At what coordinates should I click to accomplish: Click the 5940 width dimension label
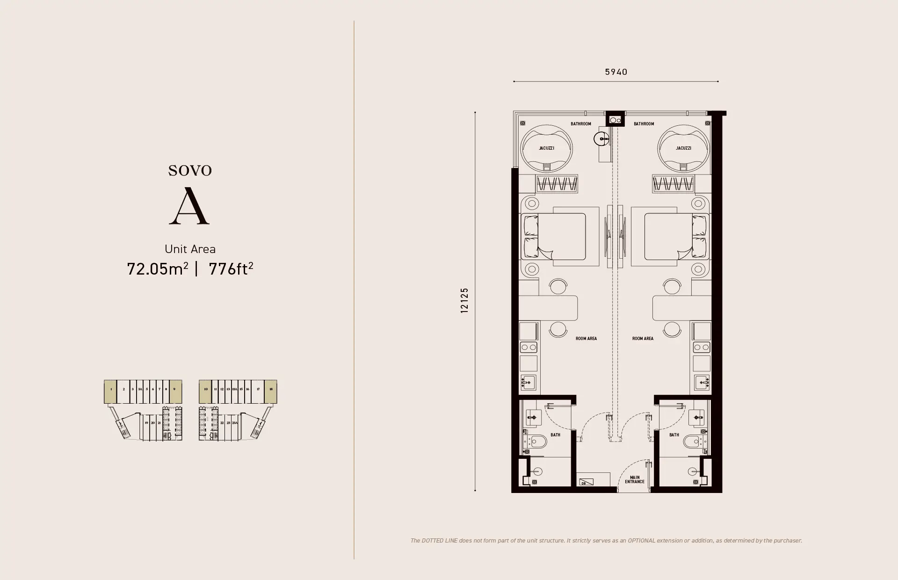tap(616, 72)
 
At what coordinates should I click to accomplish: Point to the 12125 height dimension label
tap(464, 300)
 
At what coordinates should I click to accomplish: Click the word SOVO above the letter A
tap(190, 171)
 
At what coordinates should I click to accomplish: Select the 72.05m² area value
tap(157, 269)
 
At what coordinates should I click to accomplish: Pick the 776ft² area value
tap(231, 269)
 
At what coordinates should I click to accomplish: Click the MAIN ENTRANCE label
tap(635, 479)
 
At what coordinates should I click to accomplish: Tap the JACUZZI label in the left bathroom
tap(546, 148)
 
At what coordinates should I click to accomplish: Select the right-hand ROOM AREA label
tap(643, 339)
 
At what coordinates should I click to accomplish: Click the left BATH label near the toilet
tap(555, 435)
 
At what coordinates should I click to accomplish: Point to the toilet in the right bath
tap(691, 441)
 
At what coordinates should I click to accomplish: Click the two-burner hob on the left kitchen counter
tap(529, 347)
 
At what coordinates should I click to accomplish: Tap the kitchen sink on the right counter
tap(702, 382)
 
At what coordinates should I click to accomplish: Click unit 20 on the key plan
tap(153, 423)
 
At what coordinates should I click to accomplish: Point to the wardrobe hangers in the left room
tap(557, 183)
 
